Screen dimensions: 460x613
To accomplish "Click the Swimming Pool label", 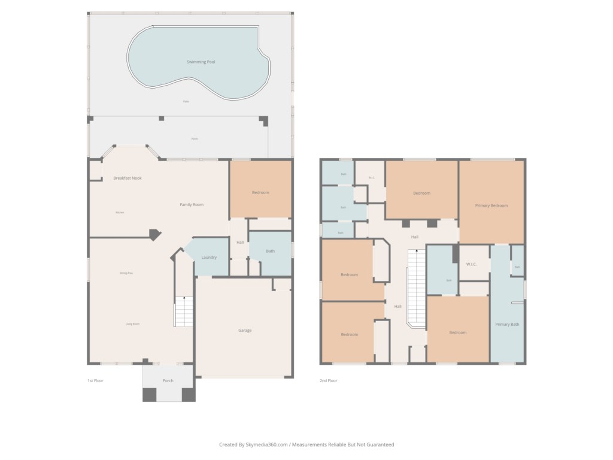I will pyautogui.click(x=201, y=62).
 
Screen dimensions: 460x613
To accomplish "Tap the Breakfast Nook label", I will pyautogui.click(x=128, y=178).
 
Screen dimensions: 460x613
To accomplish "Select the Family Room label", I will pyautogui.click(x=192, y=205).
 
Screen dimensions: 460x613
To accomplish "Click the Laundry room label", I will pyautogui.click(x=209, y=258).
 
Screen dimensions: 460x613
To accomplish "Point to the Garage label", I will pyautogui.click(x=245, y=331).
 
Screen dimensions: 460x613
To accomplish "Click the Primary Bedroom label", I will pyautogui.click(x=491, y=205).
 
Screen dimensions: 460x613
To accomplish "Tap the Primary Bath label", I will pyautogui.click(x=507, y=325).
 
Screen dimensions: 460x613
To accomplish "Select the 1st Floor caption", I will pyautogui.click(x=95, y=380).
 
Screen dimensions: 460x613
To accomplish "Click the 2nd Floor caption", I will pyautogui.click(x=328, y=380).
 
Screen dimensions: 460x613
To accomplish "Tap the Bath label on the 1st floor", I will pyautogui.click(x=270, y=251).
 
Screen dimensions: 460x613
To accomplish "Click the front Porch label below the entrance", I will pyautogui.click(x=168, y=380).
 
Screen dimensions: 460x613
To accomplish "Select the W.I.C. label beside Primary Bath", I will pyautogui.click(x=471, y=264).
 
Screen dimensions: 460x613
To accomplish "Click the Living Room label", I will pyautogui.click(x=132, y=324).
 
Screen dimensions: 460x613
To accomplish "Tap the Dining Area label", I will pyautogui.click(x=126, y=273).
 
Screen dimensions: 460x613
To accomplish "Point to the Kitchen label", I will pyautogui.click(x=120, y=213).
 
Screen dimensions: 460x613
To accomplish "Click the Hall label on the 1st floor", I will pyautogui.click(x=239, y=243).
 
